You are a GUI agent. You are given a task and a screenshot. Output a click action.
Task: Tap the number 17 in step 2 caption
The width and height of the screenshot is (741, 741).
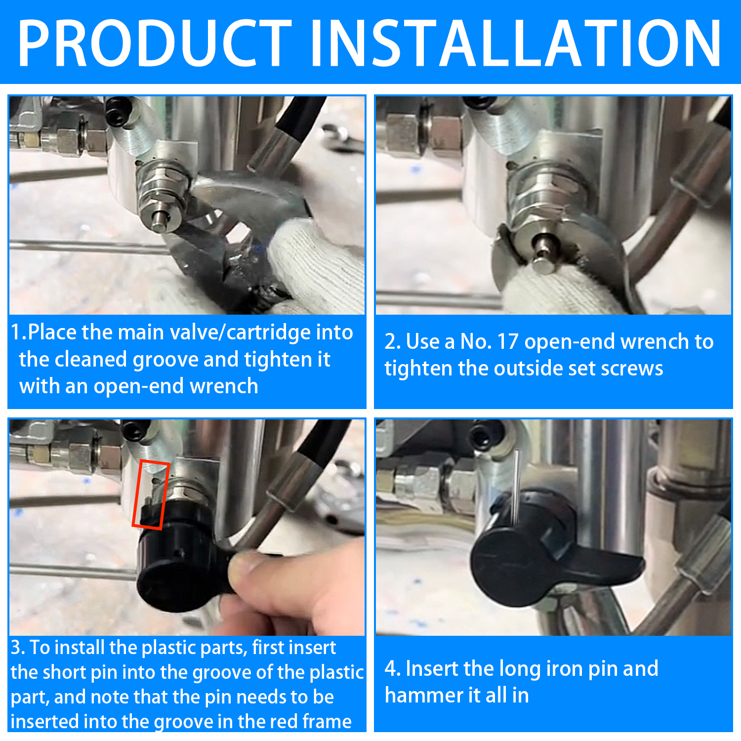pyautogui.click(x=507, y=341)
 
